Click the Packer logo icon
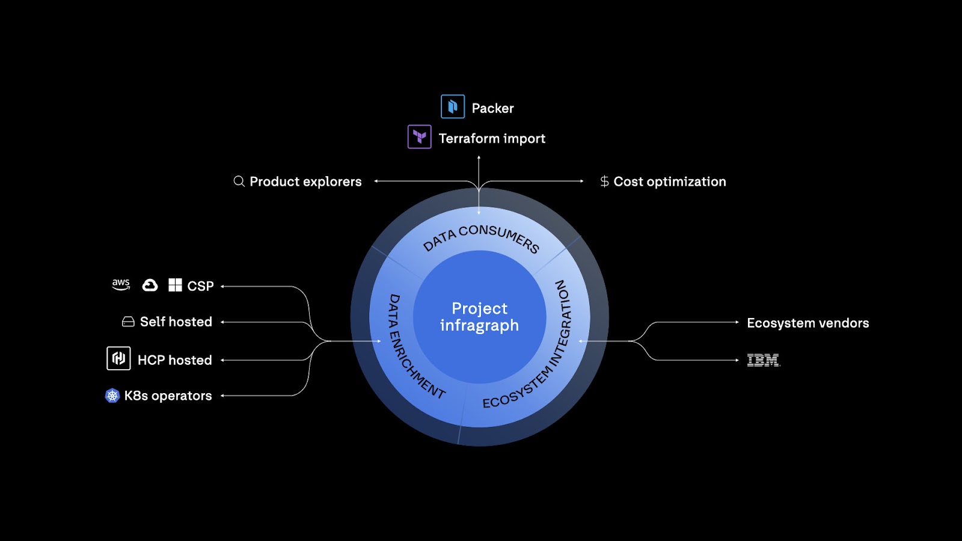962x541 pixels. (453, 107)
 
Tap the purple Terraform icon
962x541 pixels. (420, 137)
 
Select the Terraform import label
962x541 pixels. (492, 139)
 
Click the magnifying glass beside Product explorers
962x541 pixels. (239, 181)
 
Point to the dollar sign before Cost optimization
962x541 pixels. (604, 182)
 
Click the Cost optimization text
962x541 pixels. (669, 182)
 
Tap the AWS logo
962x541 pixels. (121, 284)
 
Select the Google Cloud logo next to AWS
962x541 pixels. (150, 285)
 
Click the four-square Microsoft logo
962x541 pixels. (175, 285)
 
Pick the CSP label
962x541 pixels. (200, 286)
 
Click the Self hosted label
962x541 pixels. (176, 322)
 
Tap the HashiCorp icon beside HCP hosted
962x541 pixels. (118, 358)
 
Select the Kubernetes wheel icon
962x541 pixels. (112, 396)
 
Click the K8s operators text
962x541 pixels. (168, 396)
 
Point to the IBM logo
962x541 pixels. (763, 360)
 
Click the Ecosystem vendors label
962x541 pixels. (807, 323)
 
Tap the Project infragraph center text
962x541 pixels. (479, 317)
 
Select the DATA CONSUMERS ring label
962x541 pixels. (481, 236)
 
